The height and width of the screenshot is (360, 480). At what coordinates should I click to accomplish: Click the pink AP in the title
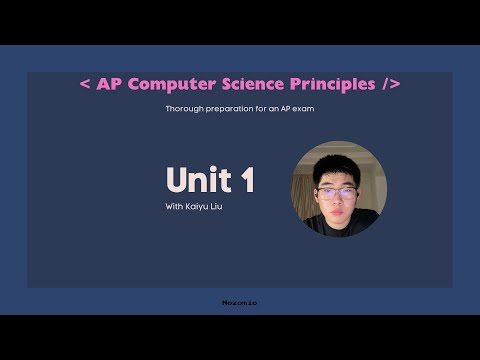coord(110,84)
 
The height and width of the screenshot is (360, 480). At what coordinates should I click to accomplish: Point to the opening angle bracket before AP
coord(84,84)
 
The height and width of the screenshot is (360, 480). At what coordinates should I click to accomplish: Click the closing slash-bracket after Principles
coord(391,84)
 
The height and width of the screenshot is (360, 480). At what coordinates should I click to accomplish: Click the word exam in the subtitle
coord(304,108)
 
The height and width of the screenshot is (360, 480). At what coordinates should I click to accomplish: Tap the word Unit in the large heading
coord(195,180)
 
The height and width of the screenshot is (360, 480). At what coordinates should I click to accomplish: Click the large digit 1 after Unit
coord(245,180)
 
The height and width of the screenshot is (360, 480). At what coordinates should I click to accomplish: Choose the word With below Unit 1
coord(174,207)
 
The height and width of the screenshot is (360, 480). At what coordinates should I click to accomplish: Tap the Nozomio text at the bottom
coord(239,301)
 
